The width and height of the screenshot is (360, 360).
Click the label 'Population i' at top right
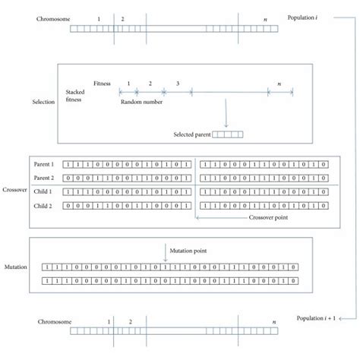308,17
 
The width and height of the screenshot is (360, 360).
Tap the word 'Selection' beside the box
43,101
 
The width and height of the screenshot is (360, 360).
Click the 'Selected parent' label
191,135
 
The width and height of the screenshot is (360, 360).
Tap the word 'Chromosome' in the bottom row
53,323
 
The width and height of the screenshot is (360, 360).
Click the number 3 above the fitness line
177,82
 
